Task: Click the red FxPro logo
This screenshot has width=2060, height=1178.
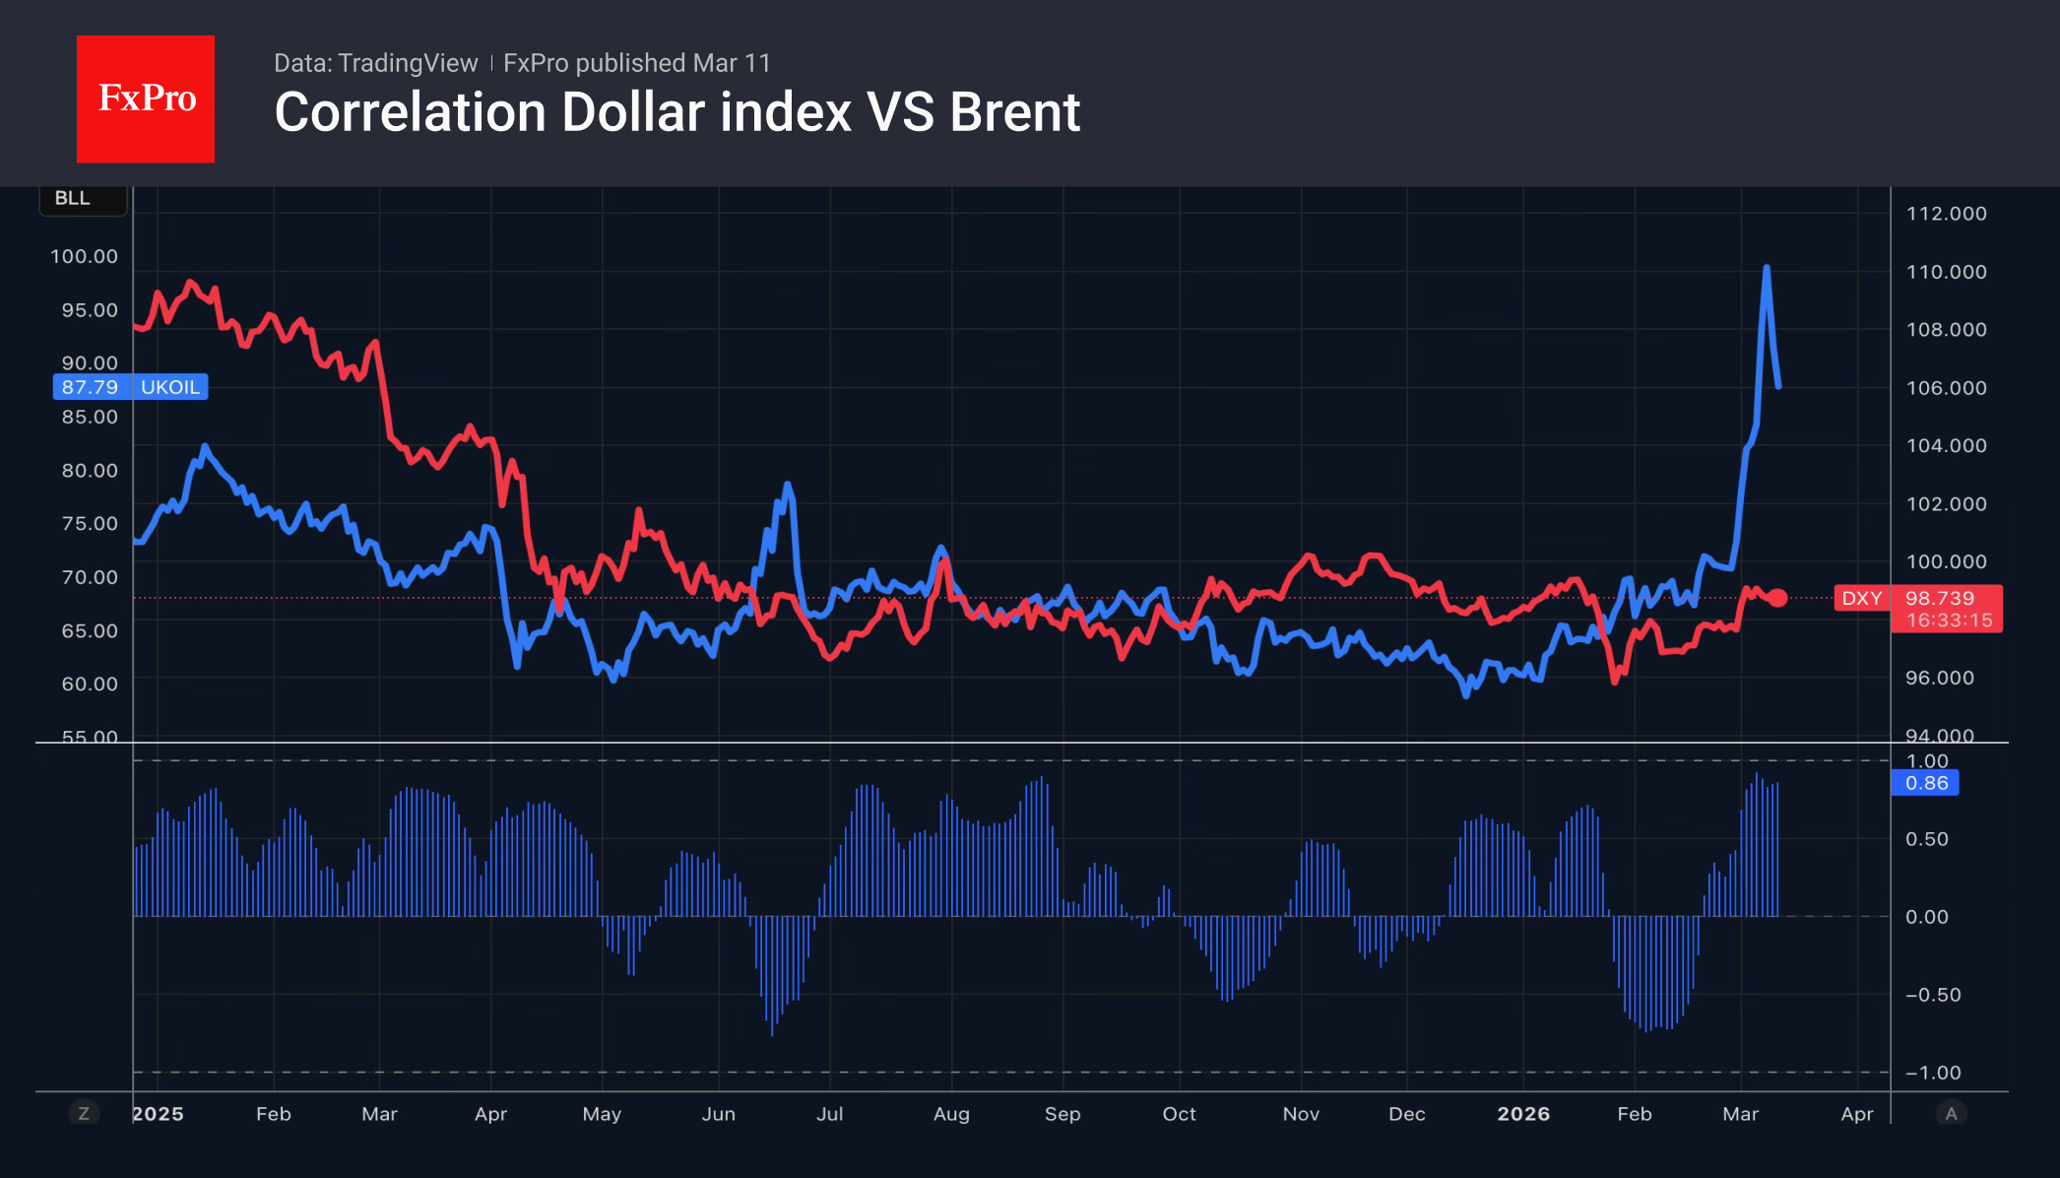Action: click(x=146, y=98)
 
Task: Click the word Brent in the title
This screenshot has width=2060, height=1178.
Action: click(x=1014, y=112)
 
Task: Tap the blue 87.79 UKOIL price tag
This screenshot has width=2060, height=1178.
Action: click(x=130, y=387)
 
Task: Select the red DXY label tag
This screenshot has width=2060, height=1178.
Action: click(x=1861, y=598)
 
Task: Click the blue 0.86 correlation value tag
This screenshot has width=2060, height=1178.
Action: click(x=1925, y=783)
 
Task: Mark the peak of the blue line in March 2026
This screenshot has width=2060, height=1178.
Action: click(x=1767, y=268)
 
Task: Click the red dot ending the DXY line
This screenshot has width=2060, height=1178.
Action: click(x=1777, y=598)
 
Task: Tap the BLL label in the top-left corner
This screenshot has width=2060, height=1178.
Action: click(x=73, y=198)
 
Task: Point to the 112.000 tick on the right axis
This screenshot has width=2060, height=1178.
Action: click(x=1946, y=214)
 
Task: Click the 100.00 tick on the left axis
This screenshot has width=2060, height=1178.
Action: click(x=84, y=256)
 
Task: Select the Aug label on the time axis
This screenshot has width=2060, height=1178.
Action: click(x=951, y=1114)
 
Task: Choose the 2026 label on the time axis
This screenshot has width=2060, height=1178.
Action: click(x=1523, y=1114)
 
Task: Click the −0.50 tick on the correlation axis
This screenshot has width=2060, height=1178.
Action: click(x=1932, y=995)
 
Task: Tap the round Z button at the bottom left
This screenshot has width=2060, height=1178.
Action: click(x=84, y=1114)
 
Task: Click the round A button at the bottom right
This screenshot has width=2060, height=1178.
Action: click(x=1951, y=1114)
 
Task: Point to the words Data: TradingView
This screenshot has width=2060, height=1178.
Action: click(x=375, y=63)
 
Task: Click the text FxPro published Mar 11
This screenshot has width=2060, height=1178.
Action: click(x=637, y=63)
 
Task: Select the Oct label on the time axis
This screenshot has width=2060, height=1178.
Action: click(x=1179, y=1114)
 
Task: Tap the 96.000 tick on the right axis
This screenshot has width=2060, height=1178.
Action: click(x=1939, y=678)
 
